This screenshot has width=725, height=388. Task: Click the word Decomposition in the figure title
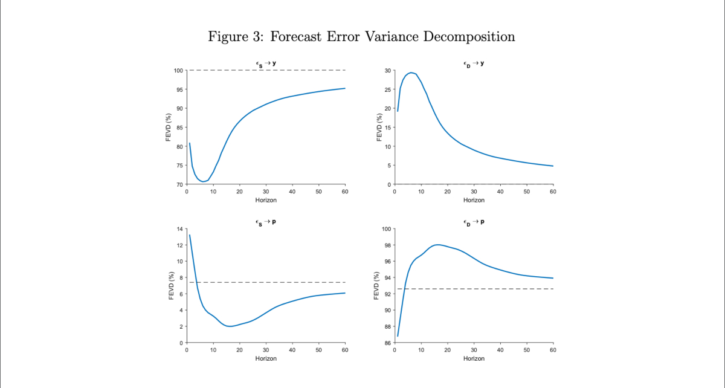pos(469,36)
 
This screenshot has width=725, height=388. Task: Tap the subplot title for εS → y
pos(266,63)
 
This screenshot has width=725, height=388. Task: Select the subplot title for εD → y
pos(474,63)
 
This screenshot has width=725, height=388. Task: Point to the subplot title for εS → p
pos(266,222)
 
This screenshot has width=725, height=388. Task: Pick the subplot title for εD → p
pos(474,222)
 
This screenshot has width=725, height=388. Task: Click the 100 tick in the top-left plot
pos(178,71)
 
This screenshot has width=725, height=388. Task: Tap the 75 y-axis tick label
pos(179,166)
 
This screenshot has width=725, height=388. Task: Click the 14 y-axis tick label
pos(179,229)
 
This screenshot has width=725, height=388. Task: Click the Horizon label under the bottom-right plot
pos(474,358)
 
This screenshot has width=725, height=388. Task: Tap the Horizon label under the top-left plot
pos(266,200)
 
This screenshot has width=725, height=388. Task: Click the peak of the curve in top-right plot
pos(411,73)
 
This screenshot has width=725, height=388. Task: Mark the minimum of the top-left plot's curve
pos(203,181)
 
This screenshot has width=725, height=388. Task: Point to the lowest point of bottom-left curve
pos(230,326)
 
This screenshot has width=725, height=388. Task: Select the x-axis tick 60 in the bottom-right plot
pos(553,350)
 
